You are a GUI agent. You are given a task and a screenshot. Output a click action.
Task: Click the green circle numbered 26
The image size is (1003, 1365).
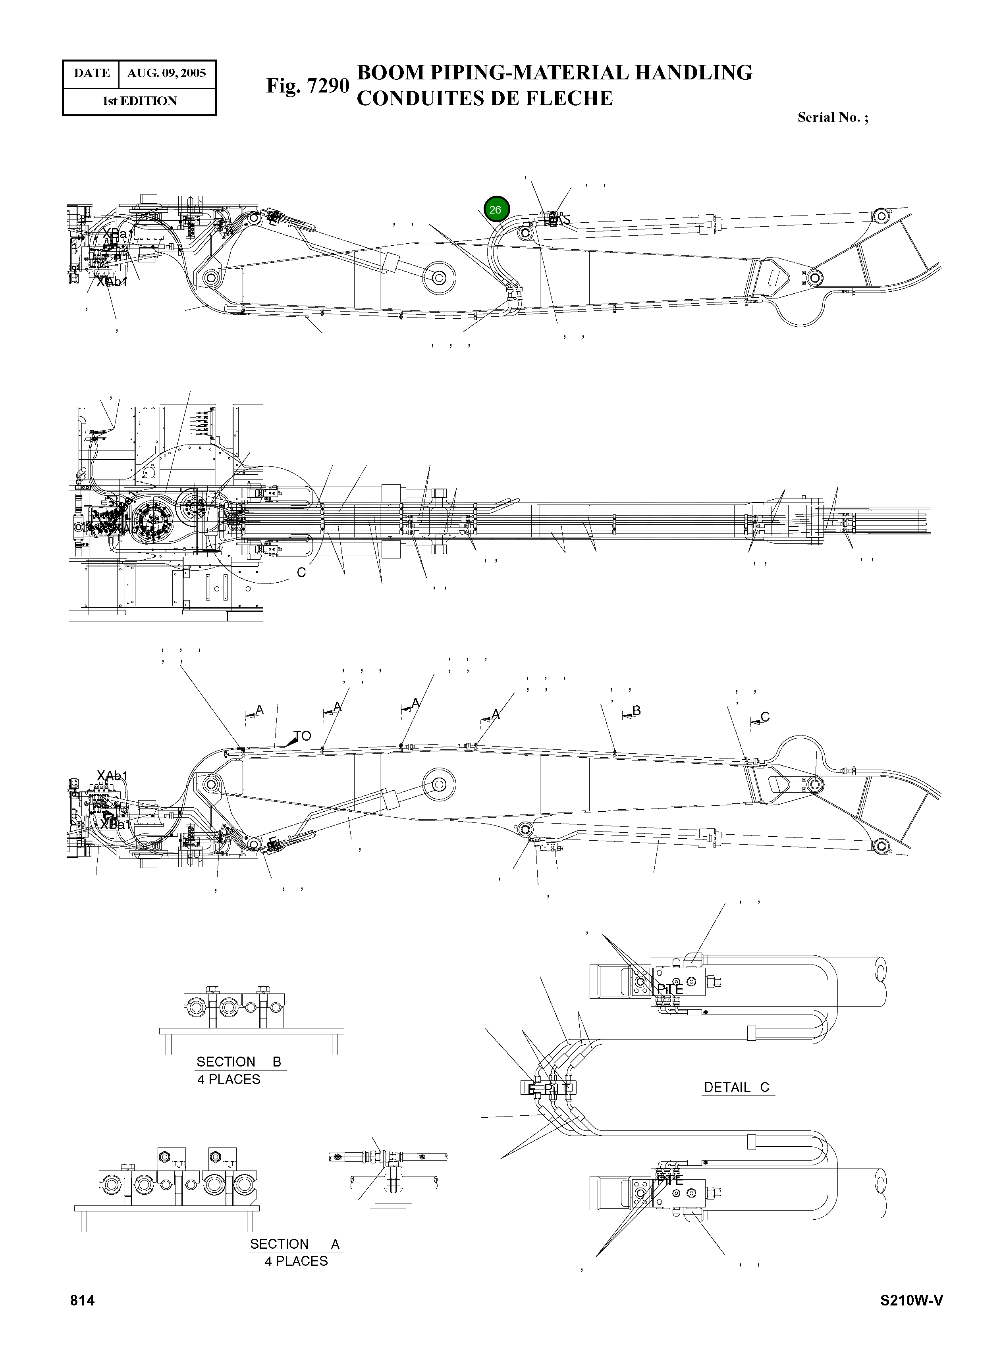click(496, 210)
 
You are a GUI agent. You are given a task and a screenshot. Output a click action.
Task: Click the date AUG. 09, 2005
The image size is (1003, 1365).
click(166, 73)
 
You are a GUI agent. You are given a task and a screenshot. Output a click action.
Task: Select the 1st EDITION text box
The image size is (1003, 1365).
click(139, 101)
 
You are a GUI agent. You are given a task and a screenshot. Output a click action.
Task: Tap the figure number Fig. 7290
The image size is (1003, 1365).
click(307, 86)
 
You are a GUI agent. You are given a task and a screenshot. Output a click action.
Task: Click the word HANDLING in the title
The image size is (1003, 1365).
click(693, 72)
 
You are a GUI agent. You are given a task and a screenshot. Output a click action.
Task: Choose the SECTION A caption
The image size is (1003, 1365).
click(295, 1244)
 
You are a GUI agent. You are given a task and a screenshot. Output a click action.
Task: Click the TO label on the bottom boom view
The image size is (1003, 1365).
click(302, 735)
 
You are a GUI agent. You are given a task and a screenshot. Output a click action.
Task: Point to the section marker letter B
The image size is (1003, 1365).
click(636, 710)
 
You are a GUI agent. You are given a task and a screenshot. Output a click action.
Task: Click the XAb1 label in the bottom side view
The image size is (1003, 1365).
click(112, 776)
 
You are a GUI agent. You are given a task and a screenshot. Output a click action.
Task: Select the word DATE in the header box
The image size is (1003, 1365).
click(92, 73)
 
